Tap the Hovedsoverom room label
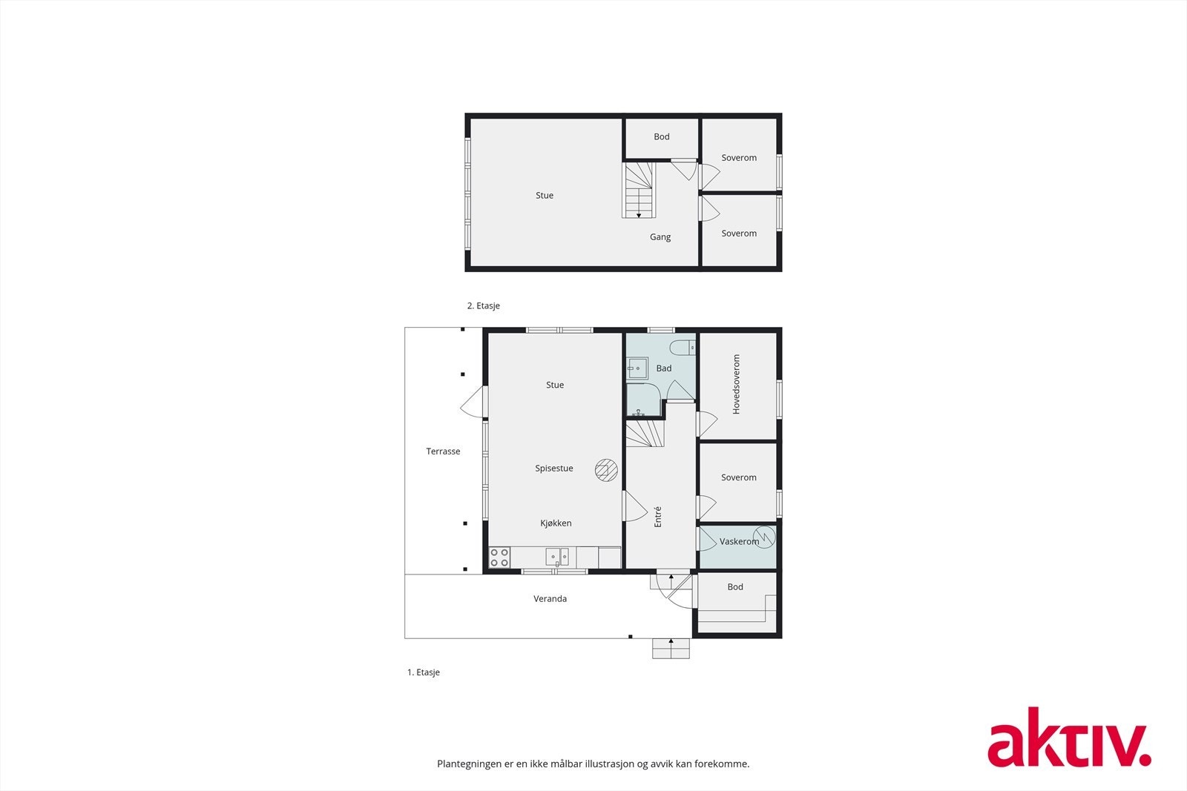(737, 384)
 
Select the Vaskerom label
(739, 542)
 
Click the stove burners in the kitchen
(499, 557)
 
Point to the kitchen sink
(557, 557)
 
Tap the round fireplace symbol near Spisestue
(606, 470)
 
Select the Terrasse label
(443, 451)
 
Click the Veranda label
(550, 599)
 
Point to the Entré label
(657, 516)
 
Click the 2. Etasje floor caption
(483, 305)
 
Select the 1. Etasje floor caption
(423, 672)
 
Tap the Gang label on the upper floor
(660, 237)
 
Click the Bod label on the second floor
(661, 137)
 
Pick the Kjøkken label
(556, 523)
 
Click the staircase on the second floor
(639, 191)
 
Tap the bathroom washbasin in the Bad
(637, 368)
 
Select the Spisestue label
(553, 469)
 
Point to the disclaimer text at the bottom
(593, 764)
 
